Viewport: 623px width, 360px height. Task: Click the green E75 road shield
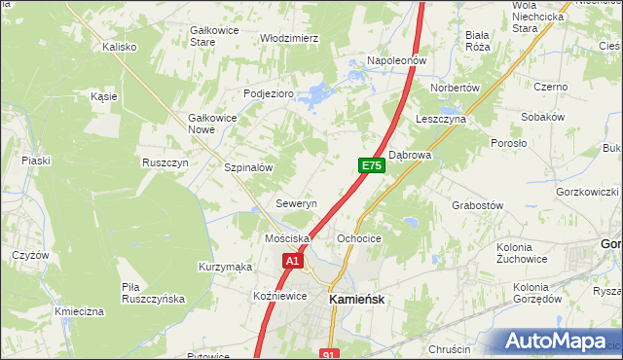(x=371, y=166)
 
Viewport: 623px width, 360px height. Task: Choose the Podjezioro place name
(x=268, y=93)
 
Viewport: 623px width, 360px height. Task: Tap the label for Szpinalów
(x=248, y=167)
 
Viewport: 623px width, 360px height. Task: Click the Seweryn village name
(x=297, y=204)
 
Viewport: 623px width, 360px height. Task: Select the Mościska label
(x=287, y=238)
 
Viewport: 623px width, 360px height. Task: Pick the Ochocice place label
(x=358, y=238)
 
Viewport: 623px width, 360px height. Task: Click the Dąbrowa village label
(x=410, y=155)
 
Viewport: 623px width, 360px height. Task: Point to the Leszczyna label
(x=441, y=118)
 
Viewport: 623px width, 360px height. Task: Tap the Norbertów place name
(x=457, y=88)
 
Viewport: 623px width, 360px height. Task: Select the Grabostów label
(x=477, y=205)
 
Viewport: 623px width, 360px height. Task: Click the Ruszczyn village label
(x=165, y=162)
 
